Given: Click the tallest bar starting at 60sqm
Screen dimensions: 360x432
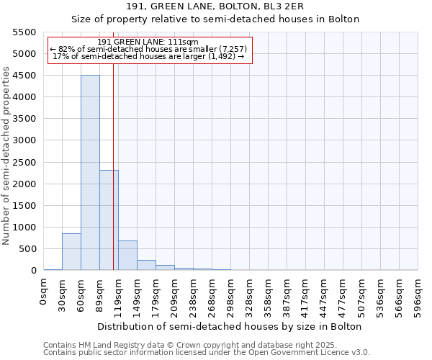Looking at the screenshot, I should [90, 173].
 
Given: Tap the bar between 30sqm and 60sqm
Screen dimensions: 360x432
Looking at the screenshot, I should [71, 252].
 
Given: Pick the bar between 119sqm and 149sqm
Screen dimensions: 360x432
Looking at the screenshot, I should [127, 256].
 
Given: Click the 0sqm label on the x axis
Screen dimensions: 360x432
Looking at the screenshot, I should [44, 289].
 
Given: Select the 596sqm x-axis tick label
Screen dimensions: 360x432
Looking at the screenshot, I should [418, 294].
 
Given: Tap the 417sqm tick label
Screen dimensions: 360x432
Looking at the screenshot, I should [306, 294].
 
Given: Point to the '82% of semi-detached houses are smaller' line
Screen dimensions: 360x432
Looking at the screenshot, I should [149, 50].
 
